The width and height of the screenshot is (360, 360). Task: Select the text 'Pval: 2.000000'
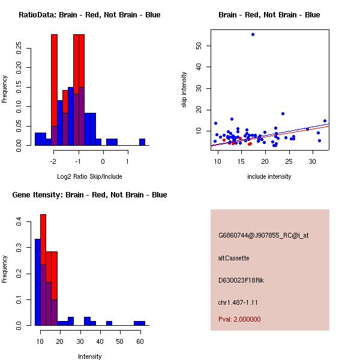tap(239, 319)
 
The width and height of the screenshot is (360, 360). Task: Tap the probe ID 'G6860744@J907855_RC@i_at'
tap(263, 236)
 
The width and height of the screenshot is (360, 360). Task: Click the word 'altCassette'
tap(233, 258)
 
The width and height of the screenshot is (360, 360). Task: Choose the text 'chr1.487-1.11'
tap(238, 302)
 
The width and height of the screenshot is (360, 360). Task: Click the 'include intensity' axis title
tap(269, 177)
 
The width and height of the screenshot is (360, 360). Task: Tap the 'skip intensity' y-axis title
tap(185, 90)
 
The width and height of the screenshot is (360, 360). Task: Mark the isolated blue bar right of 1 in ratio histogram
tap(142, 142)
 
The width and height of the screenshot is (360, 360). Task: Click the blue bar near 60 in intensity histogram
tap(139, 323)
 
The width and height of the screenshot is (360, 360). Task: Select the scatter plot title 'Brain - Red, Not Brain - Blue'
tap(269, 15)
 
